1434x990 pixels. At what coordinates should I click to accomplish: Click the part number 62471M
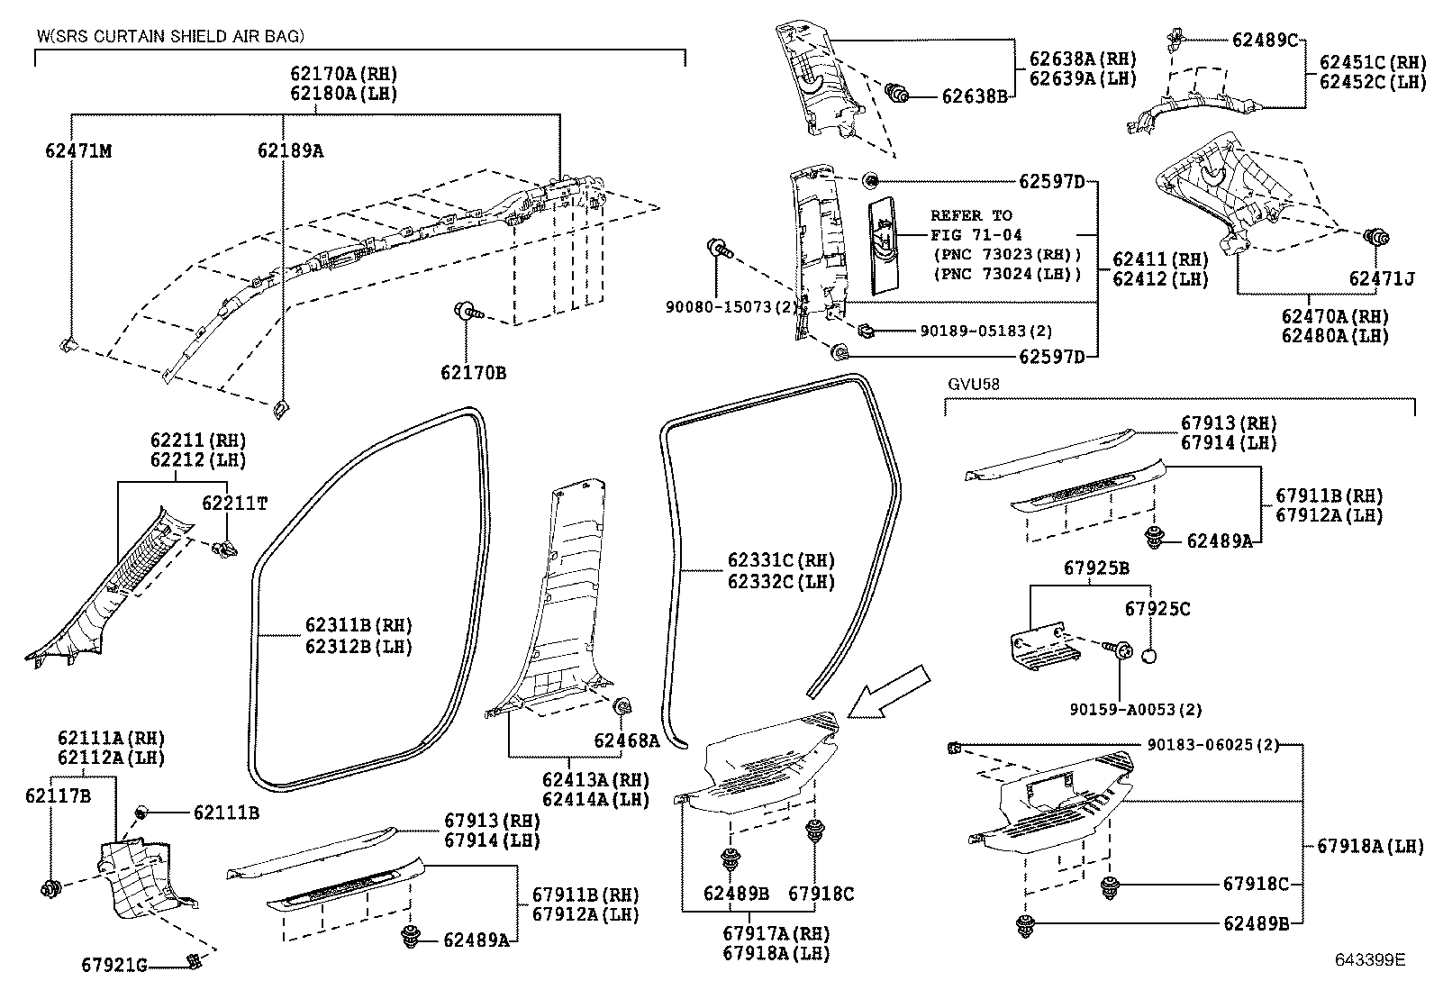(78, 150)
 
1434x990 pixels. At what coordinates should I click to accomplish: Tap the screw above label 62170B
(467, 312)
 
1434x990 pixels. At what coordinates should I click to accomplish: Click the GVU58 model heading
(974, 384)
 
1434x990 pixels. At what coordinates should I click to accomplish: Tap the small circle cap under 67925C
(1148, 655)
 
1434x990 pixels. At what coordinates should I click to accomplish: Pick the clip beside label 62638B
(897, 93)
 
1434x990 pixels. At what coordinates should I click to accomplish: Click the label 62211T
(234, 504)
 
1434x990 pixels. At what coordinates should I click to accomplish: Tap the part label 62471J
(1381, 279)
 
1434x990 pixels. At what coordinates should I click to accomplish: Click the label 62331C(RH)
(781, 562)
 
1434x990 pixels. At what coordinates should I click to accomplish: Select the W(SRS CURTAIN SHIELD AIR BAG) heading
(170, 36)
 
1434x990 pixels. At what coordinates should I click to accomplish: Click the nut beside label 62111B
(141, 813)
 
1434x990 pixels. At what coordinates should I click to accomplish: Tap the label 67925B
(1096, 568)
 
